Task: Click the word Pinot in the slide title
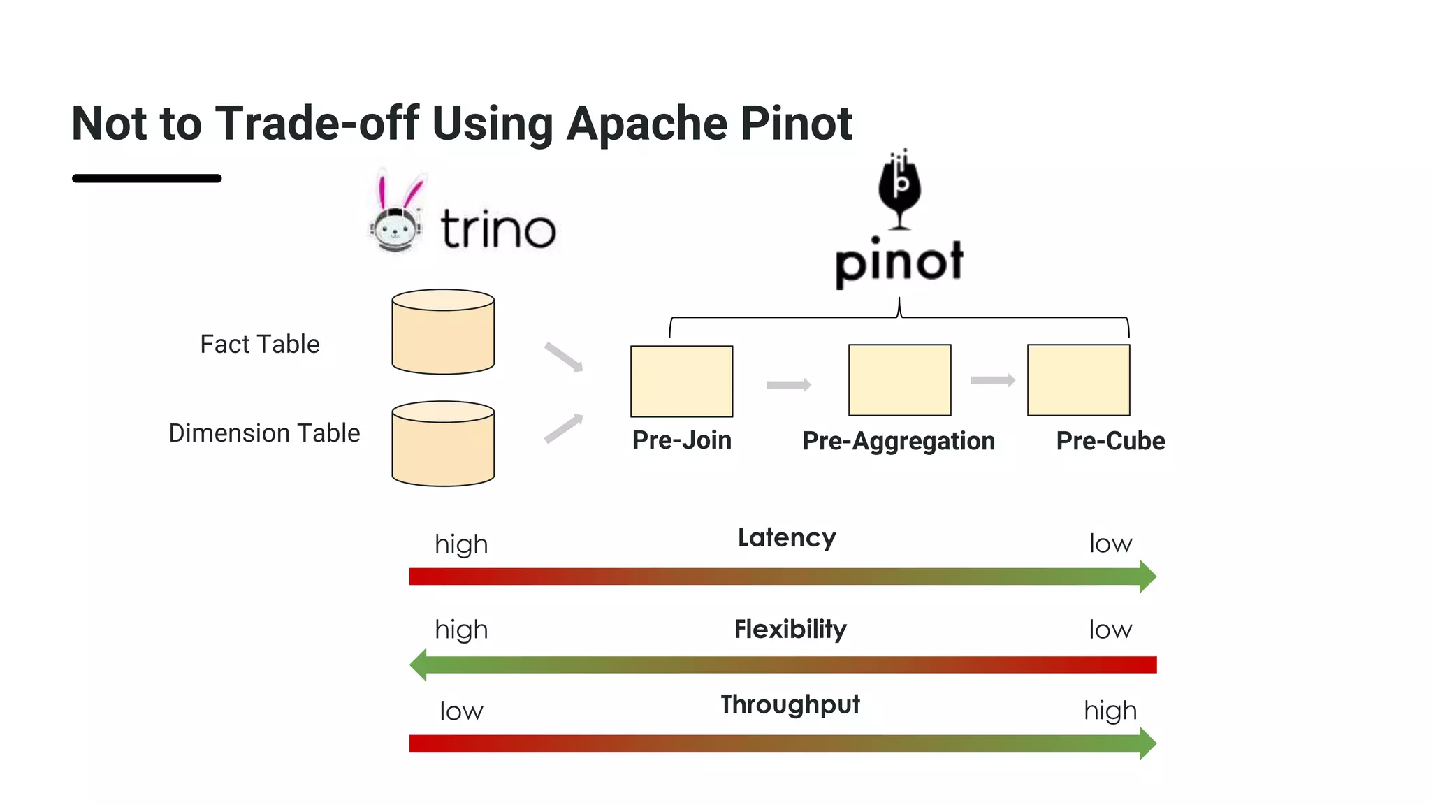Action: point(796,124)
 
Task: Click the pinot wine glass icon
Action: point(899,189)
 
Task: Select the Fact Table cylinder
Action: point(443,333)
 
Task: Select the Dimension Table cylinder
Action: point(443,444)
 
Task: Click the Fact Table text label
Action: point(259,345)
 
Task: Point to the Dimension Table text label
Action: point(264,433)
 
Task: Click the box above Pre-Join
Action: point(681,381)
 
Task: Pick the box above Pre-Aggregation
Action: point(899,380)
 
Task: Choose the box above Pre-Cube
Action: point(1078,380)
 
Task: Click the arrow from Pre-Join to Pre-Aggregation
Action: point(788,385)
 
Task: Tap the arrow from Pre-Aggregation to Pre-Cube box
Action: point(992,380)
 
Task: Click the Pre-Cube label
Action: point(1110,441)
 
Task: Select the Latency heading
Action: point(787,537)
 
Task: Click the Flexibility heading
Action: point(790,629)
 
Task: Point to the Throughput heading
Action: point(790,704)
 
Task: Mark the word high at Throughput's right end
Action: point(1110,711)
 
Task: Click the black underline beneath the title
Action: point(147,179)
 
